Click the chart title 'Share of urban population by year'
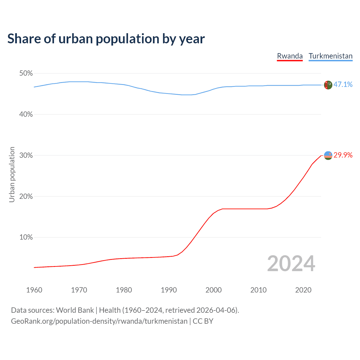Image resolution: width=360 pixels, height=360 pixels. [x=106, y=39]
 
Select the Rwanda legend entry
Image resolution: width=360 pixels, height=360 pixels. [x=290, y=56]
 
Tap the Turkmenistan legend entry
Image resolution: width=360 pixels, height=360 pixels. [x=330, y=56]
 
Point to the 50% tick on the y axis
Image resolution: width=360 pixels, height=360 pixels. [x=26, y=73]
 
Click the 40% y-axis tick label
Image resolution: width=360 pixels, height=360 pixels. [x=26, y=114]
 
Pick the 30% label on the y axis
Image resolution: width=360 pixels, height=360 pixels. [x=26, y=156]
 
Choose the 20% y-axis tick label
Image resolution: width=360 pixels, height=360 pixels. [x=26, y=197]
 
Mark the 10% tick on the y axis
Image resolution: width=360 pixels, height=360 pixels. [x=26, y=237]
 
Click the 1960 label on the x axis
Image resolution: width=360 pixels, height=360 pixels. [x=34, y=290]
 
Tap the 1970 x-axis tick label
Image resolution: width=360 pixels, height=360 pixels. [x=79, y=290]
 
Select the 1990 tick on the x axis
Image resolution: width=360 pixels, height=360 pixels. [x=169, y=290]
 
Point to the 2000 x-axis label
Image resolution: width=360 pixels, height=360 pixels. [x=213, y=290]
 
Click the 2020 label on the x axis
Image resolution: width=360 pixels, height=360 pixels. [x=303, y=290]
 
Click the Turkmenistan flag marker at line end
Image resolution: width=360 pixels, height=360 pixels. [x=328, y=85]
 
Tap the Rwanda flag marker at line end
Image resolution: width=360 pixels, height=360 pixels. [x=328, y=155]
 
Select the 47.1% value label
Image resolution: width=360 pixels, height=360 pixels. [x=343, y=85]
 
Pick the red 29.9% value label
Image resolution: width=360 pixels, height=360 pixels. [x=343, y=155]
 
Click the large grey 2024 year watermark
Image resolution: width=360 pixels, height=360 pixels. [x=291, y=264]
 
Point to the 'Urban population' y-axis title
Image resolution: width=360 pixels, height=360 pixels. [x=12, y=174]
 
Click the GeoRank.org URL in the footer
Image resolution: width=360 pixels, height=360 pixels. [x=99, y=321]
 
